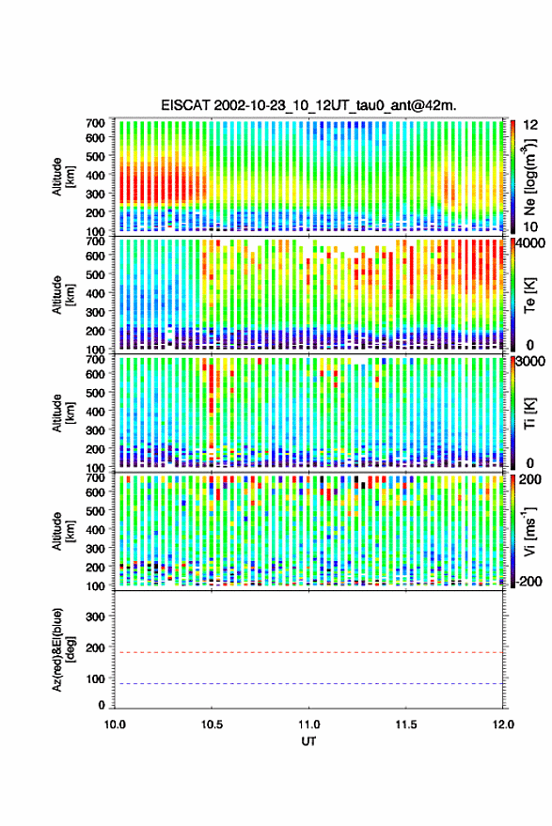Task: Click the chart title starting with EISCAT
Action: pyautogui.click(x=308, y=105)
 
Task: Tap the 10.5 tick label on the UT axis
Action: pyautogui.click(x=212, y=725)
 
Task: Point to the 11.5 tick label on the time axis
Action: pyautogui.click(x=405, y=725)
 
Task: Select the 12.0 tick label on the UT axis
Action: pyautogui.click(x=503, y=725)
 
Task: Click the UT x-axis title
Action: pyautogui.click(x=308, y=741)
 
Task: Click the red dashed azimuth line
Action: pyautogui.click(x=308, y=652)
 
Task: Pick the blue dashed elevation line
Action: pyautogui.click(x=308, y=684)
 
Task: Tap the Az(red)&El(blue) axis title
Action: pyautogui.click(x=64, y=649)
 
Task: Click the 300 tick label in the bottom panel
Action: pyautogui.click(x=95, y=616)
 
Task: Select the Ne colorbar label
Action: pyautogui.click(x=530, y=177)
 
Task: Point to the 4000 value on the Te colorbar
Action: pyautogui.click(x=531, y=244)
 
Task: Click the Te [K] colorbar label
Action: pyautogui.click(x=529, y=294)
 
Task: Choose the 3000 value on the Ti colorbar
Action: pyautogui.click(x=531, y=362)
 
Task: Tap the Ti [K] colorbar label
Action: pyautogui.click(x=529, y=413)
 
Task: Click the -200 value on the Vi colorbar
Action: pyautogui.click(x=529, y=581)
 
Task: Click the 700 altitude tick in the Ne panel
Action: pyautogui.click(x=95, y=123)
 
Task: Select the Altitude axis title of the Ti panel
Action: pyautogui.click(x=64, y=413)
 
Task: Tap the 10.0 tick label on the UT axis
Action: pyautogui.click(x=115, y=725)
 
